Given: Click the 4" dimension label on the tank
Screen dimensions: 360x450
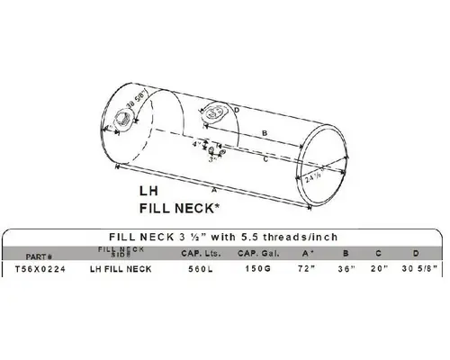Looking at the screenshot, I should click(195, 144).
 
